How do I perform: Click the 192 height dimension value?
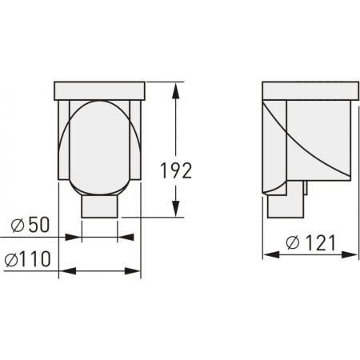click(176, 170)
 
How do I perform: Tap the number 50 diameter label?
click(39, 225)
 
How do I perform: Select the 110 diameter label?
click(35, 258)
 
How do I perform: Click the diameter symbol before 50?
click(18, 226)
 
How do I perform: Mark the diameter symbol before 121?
click(293, 242)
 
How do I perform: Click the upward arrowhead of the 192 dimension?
click(175, 90)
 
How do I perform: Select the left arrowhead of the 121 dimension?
click(271, 254)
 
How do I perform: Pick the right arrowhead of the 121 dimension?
click(350, 254)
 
